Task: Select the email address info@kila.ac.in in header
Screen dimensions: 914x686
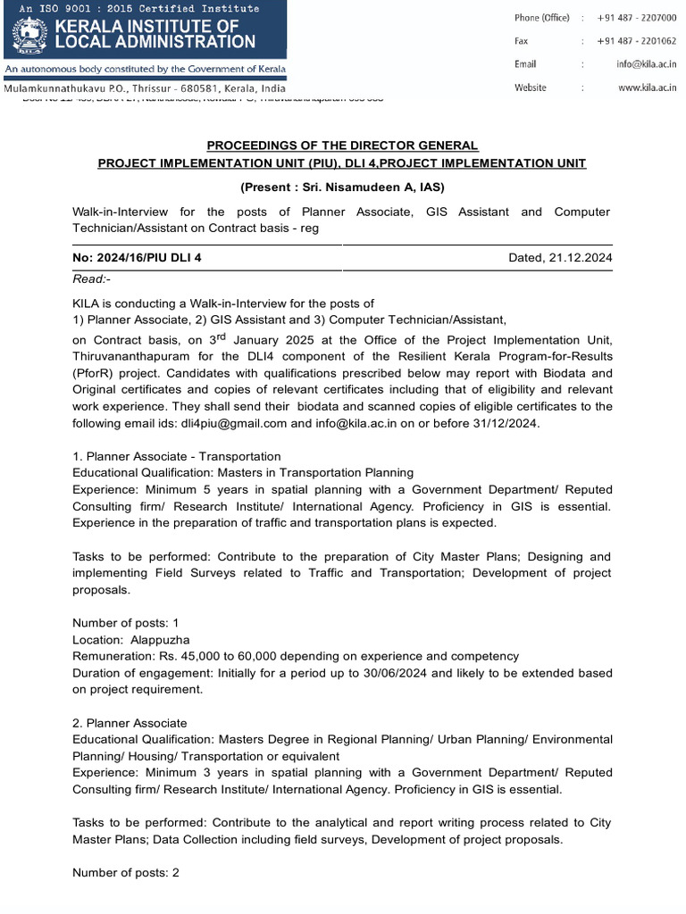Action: coord(647,64)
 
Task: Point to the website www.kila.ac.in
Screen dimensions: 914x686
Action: coord(648,87)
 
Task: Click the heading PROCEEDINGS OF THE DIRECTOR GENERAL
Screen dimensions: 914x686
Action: coord(342,145)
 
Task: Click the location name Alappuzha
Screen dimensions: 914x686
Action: coord(158,640)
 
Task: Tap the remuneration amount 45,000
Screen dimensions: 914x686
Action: coord(181,656)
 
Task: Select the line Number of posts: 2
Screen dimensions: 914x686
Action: coord(126,872)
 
